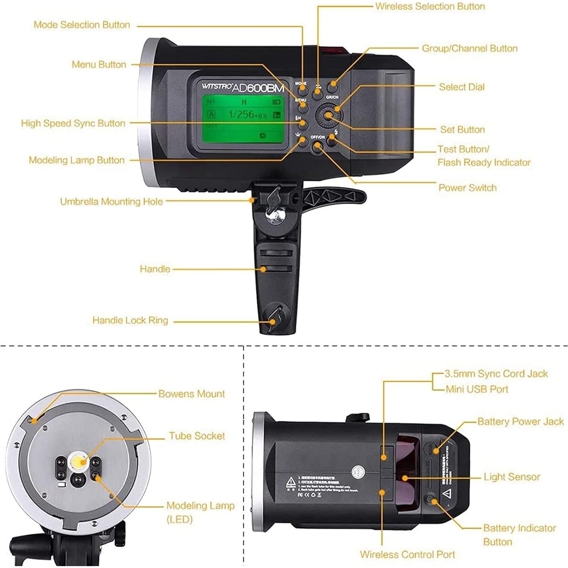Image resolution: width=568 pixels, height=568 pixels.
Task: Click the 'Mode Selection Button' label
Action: click(82, 25)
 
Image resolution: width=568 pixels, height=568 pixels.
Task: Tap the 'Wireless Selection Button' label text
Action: click(430, 6)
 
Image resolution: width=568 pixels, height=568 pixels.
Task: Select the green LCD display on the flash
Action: click(243, 119)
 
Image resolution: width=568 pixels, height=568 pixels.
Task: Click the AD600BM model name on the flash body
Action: click(258, 88)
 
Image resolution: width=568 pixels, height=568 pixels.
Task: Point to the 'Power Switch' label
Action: click(467, 188)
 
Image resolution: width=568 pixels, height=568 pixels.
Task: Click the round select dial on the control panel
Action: click(328, 116)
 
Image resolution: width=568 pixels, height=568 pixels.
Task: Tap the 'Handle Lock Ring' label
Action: click(130, 321)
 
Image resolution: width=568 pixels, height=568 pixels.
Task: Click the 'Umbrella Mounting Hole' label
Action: click(111, 202)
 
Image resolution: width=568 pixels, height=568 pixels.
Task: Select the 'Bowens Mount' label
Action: click(191, 394)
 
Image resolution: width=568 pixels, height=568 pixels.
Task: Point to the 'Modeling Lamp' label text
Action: click(200, 506)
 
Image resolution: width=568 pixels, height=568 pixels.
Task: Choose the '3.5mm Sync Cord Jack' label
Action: click(496, 374)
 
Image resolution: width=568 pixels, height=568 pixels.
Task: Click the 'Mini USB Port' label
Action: click(477, 390)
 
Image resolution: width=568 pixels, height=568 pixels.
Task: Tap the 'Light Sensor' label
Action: click(512, 477)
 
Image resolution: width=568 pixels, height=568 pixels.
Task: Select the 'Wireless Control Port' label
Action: click(407, 555)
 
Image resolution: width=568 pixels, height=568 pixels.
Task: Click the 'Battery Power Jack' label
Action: click(520, 422)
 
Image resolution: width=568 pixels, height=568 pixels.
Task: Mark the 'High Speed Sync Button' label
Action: click(73, 124)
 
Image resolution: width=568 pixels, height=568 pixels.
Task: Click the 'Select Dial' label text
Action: click(462, 87)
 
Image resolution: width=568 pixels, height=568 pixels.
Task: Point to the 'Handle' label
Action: click(155, 269)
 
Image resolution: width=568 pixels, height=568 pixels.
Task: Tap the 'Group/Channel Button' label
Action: click(469, 49)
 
